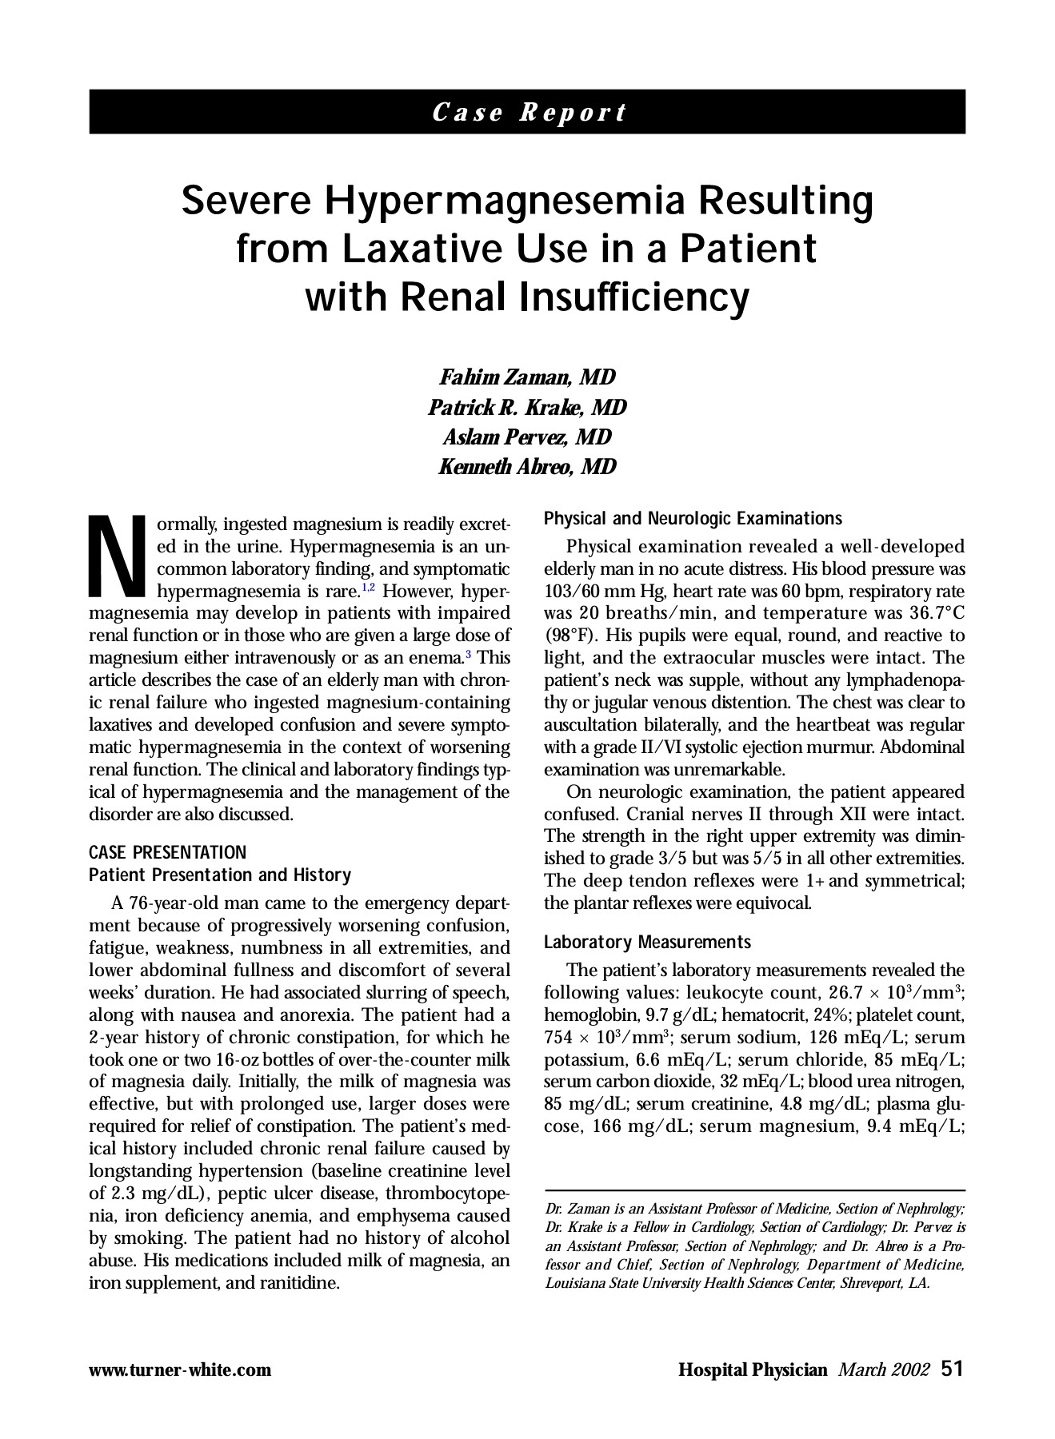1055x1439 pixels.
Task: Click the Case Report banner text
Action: [527, 112]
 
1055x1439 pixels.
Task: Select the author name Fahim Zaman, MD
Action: [527, 377]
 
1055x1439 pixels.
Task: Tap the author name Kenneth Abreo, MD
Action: [527, 467]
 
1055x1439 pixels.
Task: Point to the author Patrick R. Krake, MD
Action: [527, 408]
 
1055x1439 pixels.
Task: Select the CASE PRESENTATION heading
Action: [167, 852]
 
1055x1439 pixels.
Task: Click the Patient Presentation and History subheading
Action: [219, 875]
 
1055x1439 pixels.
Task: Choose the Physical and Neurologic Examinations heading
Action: [693, 519]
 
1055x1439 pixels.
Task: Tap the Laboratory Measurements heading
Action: [647, 943]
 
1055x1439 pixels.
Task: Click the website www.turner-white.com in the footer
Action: [180, 1370]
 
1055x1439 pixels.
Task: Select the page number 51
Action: [953, 1369]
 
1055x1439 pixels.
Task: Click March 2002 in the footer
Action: [883, 1370]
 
